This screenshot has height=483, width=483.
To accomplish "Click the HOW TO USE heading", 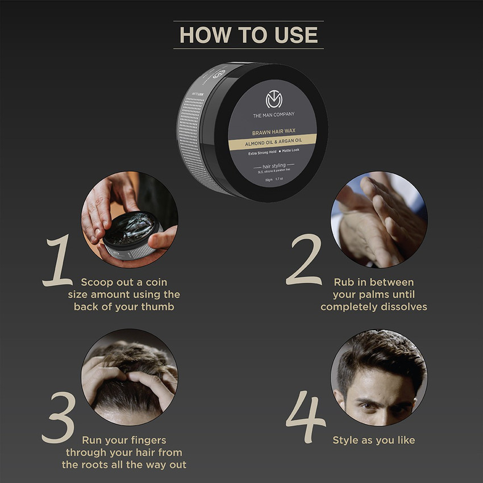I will click(x=248, y=35).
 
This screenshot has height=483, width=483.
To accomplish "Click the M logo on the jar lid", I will click(x=274, y=99).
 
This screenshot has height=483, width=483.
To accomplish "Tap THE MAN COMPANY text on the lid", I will click(x=274, y=115).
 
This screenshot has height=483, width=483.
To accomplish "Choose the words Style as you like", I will click(x=373, y=440).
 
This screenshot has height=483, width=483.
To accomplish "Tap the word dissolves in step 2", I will click(x=404, y=307).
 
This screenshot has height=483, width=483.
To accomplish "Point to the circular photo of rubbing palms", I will click(x=378, y=219).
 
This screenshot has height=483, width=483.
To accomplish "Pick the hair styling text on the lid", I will click(x=273, y=165).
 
